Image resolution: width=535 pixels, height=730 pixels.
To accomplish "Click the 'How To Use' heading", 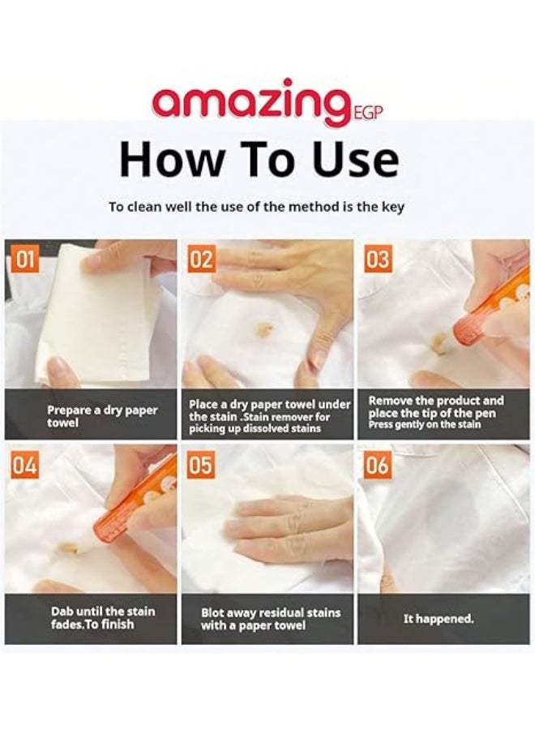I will (259, 160).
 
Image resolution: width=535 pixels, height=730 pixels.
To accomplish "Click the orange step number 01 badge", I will (24, 260).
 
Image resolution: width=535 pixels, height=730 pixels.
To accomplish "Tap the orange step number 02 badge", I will (200, 260).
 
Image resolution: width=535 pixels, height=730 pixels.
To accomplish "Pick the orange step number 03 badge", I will (377, 260).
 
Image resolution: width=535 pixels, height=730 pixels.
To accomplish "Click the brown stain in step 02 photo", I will (263, 328).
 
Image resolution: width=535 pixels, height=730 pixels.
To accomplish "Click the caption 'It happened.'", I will (439, 619).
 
